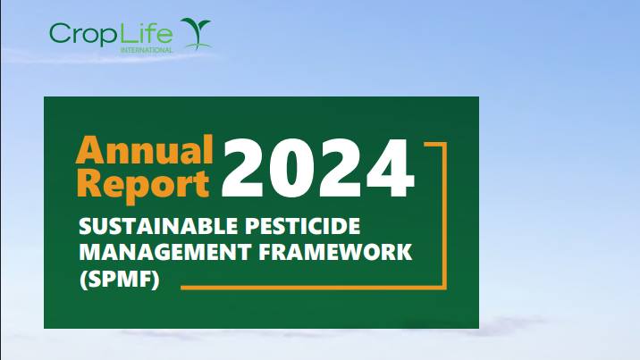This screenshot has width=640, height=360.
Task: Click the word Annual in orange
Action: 145,149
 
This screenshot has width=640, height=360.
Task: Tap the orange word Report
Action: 143,185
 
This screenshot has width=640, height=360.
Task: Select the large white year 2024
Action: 318,168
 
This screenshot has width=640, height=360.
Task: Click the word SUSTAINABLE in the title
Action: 158,226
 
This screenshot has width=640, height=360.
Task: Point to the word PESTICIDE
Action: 302,226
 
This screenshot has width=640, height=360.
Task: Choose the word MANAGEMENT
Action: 164,252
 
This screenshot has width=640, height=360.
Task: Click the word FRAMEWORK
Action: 335,252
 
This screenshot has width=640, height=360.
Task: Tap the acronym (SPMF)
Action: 119,280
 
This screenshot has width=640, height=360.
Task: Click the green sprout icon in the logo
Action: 197,33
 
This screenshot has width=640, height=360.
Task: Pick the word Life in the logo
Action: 145,32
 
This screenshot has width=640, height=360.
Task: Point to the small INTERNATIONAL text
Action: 147,50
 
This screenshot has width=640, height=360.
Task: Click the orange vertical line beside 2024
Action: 444,215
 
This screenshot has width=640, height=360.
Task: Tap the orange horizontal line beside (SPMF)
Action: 311,288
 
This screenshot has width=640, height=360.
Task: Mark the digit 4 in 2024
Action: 391,168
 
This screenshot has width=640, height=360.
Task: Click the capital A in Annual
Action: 89,149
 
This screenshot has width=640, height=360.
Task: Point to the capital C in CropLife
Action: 60,33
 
